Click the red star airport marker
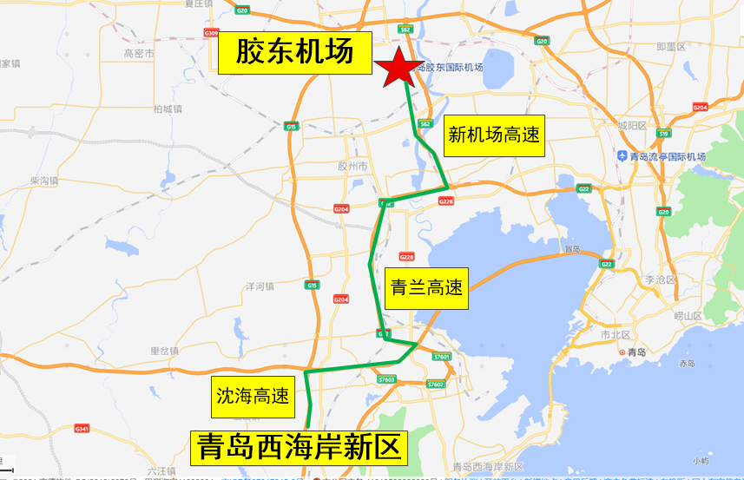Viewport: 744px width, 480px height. point(398,68)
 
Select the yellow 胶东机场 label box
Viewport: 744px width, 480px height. point(294,54)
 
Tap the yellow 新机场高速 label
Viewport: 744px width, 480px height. point(493,135)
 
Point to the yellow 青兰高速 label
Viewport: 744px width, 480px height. point(425,288)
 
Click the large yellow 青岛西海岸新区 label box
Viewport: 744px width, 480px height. point(299,448)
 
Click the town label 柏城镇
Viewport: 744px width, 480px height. point(167,108)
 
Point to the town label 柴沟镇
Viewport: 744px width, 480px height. point(43,181)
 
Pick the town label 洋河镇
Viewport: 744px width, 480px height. point(260,286)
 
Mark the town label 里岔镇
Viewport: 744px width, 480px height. point(163,351)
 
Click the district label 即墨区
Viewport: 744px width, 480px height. point(671,47)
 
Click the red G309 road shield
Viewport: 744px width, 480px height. point(211,32)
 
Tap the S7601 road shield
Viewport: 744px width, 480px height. point(442,357)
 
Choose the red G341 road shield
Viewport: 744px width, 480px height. point(83,428)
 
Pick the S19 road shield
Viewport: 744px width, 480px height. point(663,134)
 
